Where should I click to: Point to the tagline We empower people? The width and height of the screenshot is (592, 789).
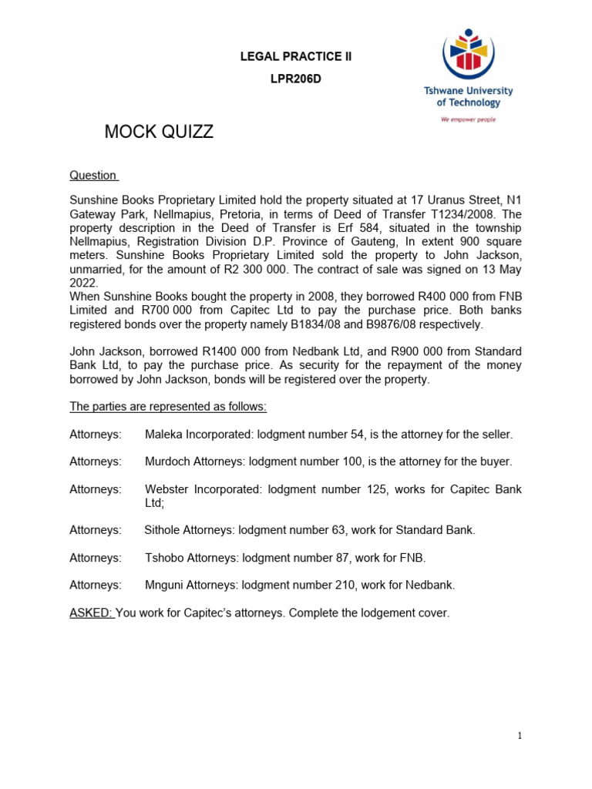click(x=468, y=119)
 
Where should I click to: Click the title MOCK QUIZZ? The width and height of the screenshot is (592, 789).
click(x=159, y=133)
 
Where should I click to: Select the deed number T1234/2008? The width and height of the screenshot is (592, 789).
click(x=453, y=214)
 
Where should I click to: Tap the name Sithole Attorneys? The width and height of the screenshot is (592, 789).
click(x=188, y=530)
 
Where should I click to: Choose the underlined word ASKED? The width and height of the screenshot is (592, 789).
click(x=91, y=613)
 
